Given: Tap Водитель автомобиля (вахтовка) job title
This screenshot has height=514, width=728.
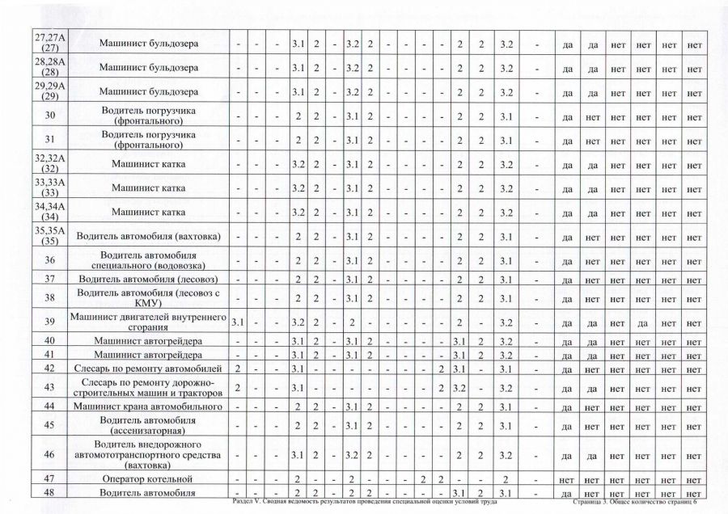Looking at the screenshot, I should click(149, 237).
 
